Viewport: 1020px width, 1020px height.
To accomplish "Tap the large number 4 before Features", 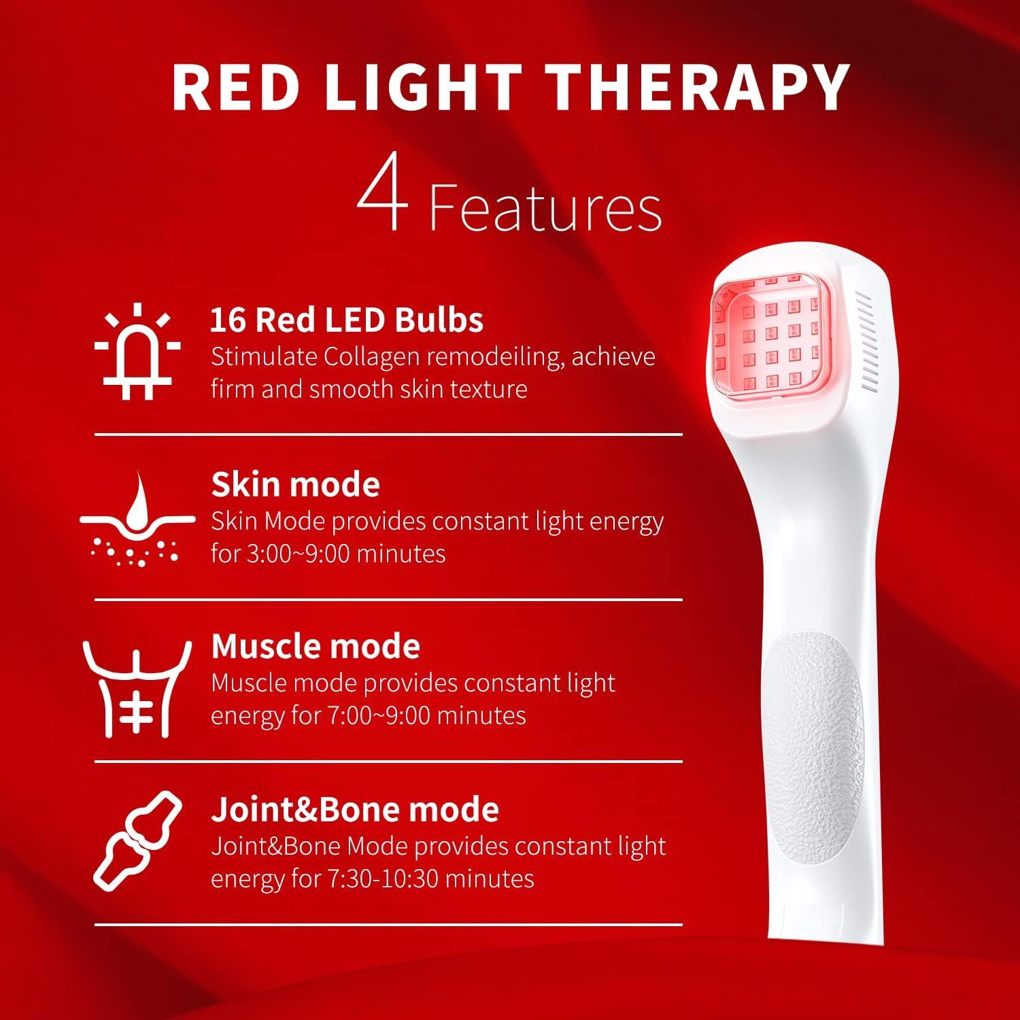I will (x=382, y=197).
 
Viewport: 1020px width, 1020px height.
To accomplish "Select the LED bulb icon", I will (x=137, y=352).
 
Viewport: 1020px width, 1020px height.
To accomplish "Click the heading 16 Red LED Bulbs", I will (x=347, y=320).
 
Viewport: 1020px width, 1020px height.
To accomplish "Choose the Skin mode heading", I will (x=295, y=484).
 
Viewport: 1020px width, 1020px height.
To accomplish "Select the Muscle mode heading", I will (x=316, y=646).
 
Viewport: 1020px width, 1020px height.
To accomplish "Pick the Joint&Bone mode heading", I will (x=355, y=809).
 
